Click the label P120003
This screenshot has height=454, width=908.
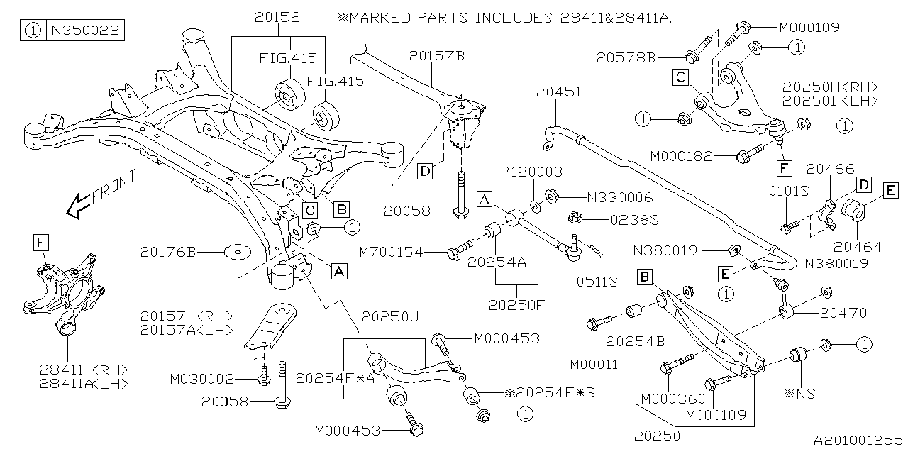click(532, 172)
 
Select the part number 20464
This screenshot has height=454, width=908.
click(857, 247)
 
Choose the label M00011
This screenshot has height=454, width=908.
click(593, 365)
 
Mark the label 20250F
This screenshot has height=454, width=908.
click(516, 305)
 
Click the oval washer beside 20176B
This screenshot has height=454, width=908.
click(236, 252)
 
